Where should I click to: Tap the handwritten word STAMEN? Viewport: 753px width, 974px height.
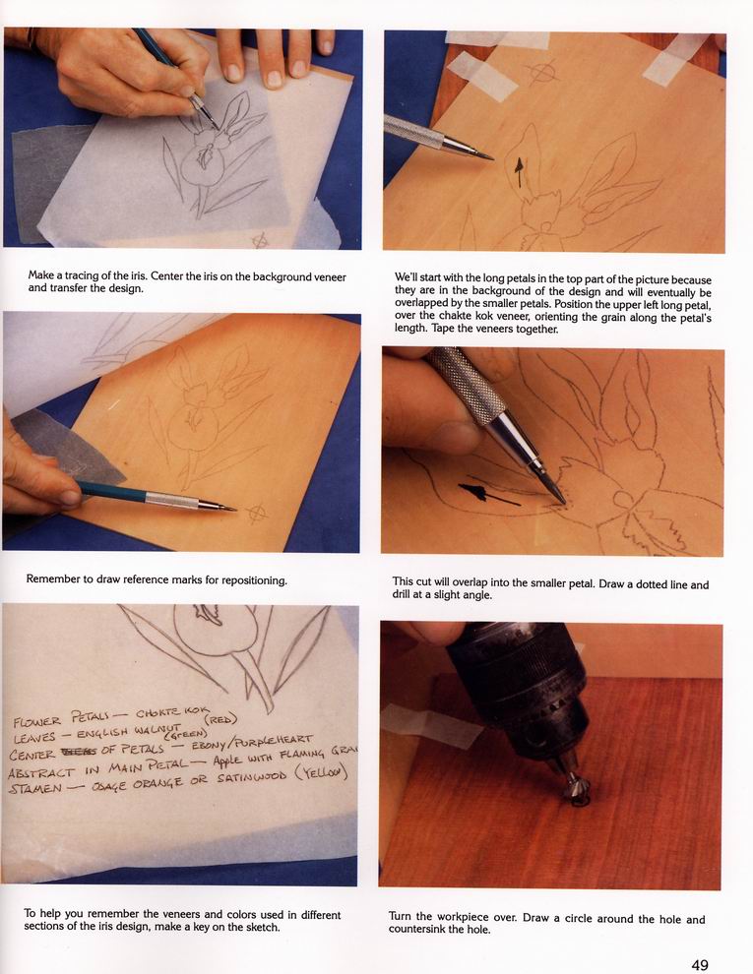coord(35,789)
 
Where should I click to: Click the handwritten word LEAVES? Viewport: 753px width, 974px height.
coord(34,738)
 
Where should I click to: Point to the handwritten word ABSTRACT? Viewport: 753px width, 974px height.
coord(41,772)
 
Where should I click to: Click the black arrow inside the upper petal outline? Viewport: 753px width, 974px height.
coord(519,172)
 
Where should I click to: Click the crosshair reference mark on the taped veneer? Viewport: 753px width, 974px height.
coord(541,72)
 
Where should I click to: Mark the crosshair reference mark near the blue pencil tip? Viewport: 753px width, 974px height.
coord(257,514)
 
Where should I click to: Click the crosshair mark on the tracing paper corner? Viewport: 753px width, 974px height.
coord(260,240)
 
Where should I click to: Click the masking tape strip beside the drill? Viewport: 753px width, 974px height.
coord(432,724)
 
